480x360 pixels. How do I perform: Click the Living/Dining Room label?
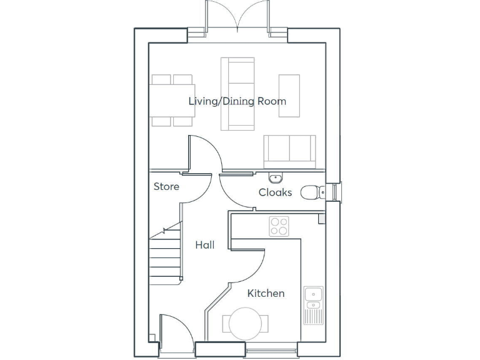click(237, 101)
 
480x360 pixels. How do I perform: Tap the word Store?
click(166, 186)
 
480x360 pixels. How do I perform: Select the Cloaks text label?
click(275, 192)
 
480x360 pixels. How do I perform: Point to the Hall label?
click(204, 245)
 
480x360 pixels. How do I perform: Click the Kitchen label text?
click(266, 293)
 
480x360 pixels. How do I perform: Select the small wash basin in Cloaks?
click(276, 177)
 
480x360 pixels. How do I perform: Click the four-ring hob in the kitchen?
click(279, 226)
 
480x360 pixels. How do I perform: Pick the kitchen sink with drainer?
click(312, 305)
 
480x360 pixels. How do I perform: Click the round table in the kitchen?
click(246, 324)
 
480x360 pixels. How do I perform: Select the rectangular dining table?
click(172, 101)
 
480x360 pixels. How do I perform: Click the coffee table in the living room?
click(289, 95)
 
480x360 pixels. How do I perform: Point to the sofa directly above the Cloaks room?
click(289, 151)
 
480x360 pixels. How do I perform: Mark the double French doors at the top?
click(237, 17)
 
